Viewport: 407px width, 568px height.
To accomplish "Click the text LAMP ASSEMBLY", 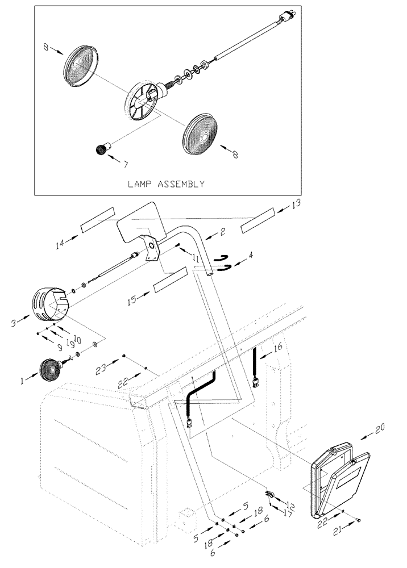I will [166, 184].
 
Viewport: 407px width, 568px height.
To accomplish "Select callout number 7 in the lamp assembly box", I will [126, 165].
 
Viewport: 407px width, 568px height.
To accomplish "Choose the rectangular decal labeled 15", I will [170, 281].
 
